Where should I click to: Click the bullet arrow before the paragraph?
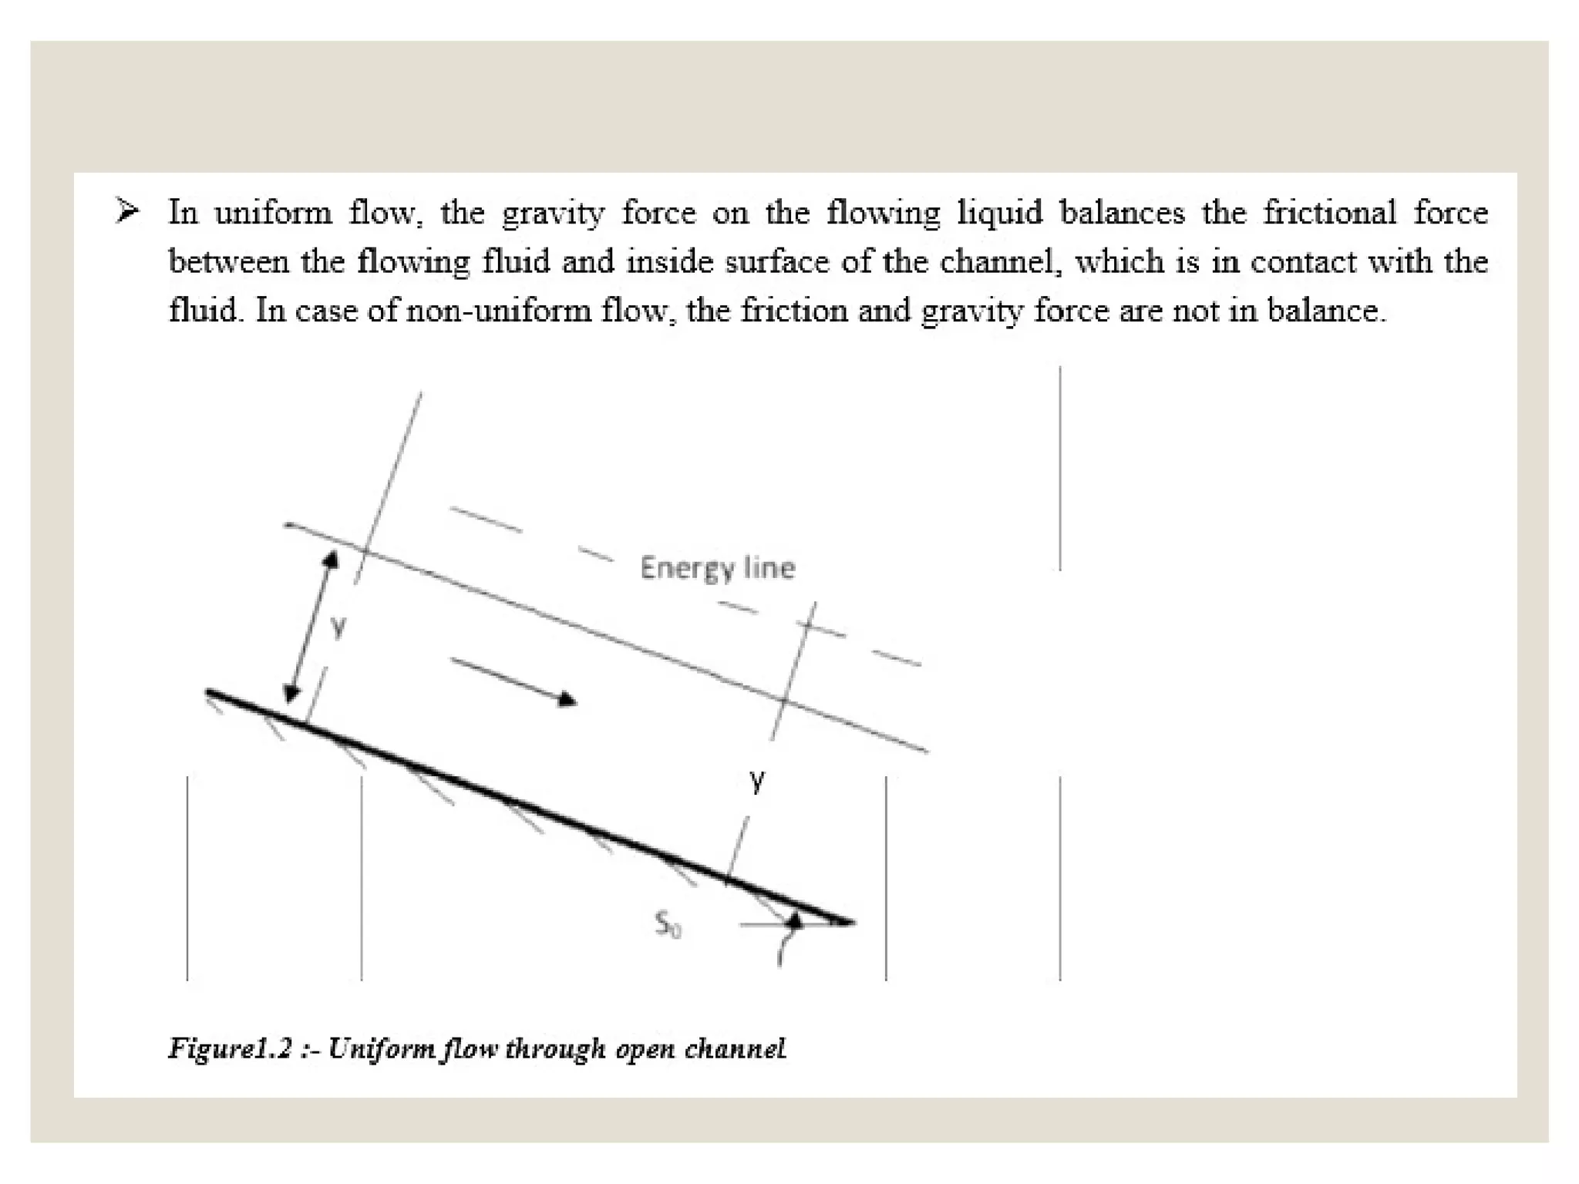click(x=127, y=210)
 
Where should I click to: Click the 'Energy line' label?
click(x=717, y=569)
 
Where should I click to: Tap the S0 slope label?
click(x=668, y=923)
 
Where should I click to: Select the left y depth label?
click(x=337, y=627)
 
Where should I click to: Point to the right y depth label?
click(x=757, y=780)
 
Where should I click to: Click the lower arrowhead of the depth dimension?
click(x=291, y=693)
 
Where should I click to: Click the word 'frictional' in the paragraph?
click(x=1329, y=212)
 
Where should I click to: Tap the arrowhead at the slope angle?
click(x=795, y=920)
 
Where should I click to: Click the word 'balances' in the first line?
click(x=1122, y=212)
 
